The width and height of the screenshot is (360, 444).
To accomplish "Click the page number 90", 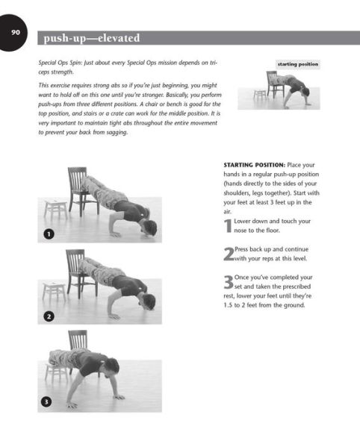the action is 16,32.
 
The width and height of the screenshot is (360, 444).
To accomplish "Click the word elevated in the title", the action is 119,38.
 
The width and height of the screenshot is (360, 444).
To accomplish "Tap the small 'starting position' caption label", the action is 298,64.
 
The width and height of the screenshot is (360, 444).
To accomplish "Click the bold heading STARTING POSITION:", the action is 254,165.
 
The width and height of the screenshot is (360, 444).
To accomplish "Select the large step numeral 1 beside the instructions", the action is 228,226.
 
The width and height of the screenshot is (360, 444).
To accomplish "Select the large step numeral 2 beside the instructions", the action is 229,254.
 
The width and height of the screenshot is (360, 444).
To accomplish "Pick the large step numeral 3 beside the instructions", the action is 229,282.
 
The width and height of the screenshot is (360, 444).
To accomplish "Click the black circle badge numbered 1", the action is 49,234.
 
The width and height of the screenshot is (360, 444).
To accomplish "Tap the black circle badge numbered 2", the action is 49,316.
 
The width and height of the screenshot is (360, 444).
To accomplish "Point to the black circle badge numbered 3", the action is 46,401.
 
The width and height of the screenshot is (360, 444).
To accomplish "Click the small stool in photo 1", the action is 55,210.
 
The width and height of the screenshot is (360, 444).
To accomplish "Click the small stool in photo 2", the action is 54,291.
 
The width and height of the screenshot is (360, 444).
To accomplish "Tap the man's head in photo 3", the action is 111,368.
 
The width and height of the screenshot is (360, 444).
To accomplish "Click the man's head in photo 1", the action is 149,228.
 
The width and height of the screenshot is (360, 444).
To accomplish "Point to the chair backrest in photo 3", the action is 78,340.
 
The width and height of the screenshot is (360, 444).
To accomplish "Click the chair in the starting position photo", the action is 275,84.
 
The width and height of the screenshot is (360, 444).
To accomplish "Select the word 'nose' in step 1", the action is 240,231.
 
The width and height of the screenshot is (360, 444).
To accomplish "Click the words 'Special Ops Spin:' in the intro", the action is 60,63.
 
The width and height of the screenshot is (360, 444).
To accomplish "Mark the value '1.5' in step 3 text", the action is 228,305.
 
